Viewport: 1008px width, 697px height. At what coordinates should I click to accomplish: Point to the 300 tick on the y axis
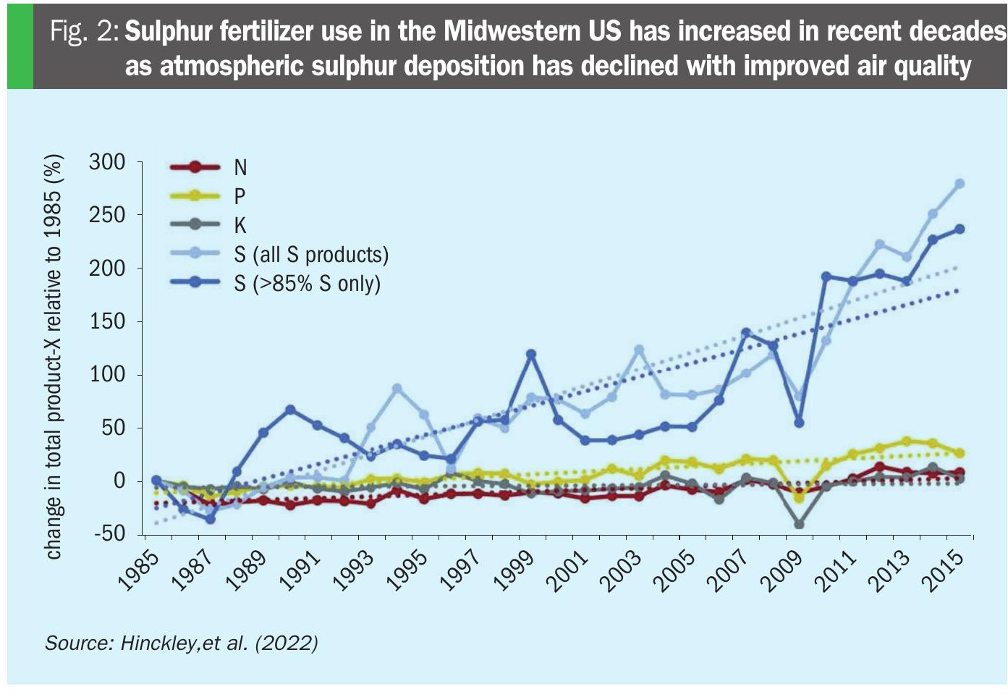click(x=107, y=162)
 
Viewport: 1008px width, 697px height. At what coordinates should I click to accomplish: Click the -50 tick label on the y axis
click(x=108, y=534)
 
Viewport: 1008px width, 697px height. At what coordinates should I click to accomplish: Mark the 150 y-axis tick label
click(x=107, y=321)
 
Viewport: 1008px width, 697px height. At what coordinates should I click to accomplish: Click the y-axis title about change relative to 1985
click(x=54, y=356)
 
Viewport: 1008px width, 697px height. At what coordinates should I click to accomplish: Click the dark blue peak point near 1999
click(x=531, y=355)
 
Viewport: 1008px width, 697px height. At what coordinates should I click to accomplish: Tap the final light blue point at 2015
click(x=960, y=184)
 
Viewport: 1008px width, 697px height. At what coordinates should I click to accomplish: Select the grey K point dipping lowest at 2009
click(x=799, y=524)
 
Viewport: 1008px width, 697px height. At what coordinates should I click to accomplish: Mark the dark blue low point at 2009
click(x=799, y=423)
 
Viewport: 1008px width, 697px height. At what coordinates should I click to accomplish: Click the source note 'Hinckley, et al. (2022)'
click(x=182, y=643)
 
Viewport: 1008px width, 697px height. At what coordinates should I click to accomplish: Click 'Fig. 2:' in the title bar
click(x=84, y=32)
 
